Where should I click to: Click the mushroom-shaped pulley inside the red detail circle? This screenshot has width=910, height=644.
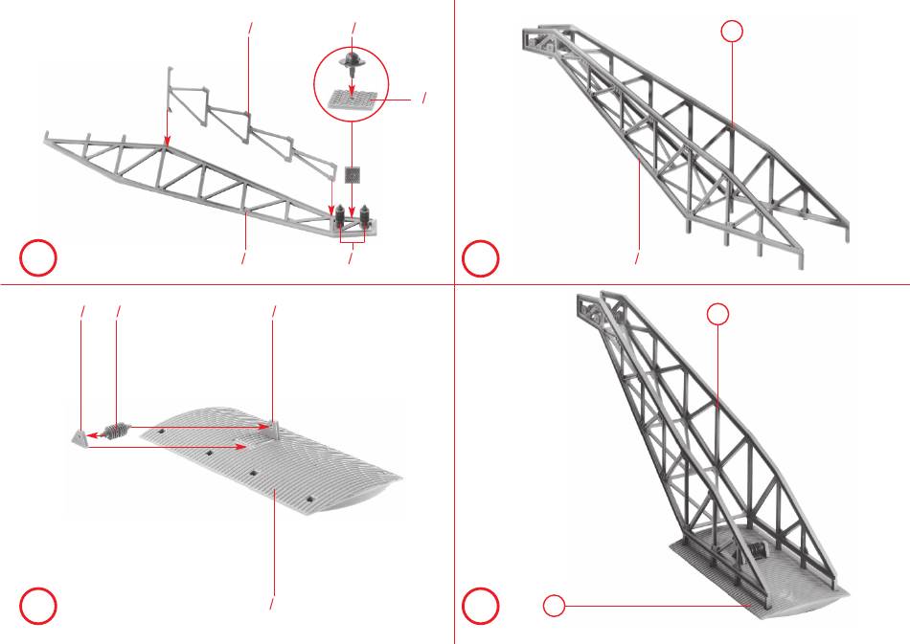coord(353,60)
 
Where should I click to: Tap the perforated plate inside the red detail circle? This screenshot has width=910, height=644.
coord(352,99)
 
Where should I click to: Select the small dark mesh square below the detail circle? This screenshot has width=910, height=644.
coord(353,174)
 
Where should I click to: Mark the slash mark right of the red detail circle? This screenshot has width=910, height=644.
coord(423,99)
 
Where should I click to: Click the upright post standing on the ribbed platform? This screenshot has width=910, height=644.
coord(272,427)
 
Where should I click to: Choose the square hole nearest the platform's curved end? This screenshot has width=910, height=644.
coord(312,498)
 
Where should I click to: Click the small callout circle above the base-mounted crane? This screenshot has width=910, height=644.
coord(718,313)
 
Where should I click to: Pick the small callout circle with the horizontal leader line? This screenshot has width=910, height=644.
coord(554,605)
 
